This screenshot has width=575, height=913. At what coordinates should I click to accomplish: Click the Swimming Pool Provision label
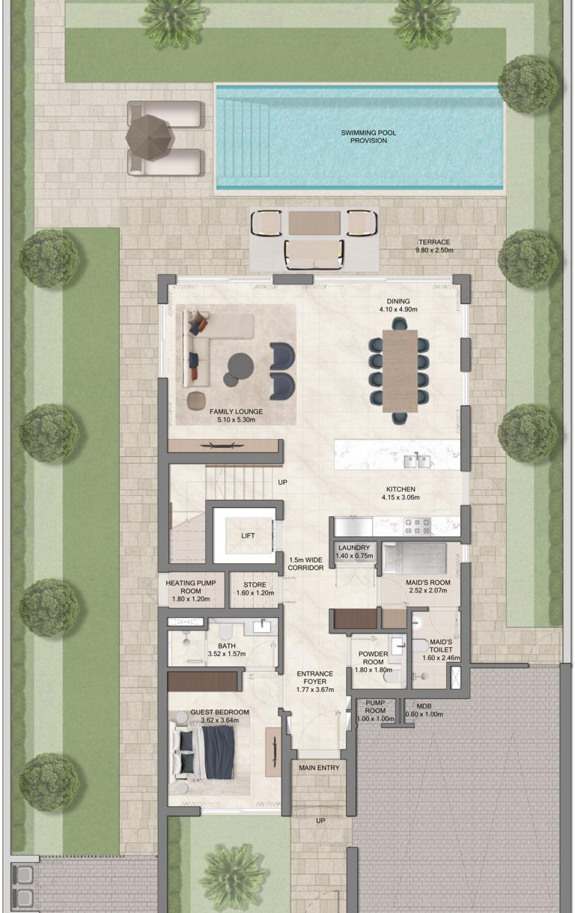[368, 136]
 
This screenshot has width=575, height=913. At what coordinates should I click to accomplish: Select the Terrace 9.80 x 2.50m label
[434, 246]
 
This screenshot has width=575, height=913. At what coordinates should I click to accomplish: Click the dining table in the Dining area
[400, 371]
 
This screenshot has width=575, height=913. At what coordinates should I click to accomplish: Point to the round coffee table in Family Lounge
[240, 365]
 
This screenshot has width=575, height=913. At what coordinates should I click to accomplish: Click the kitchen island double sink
[417, 461]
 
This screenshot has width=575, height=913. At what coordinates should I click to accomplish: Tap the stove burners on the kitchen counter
[417, 526]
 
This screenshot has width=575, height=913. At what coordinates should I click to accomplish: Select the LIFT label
[248, 536]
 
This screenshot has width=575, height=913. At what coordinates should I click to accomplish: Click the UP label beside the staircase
[282, 482]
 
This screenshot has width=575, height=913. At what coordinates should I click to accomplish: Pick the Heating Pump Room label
[191, 591]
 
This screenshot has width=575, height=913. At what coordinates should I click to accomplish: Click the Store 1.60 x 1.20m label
[255, 589]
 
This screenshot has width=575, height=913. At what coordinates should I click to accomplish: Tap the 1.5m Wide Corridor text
[305, 564]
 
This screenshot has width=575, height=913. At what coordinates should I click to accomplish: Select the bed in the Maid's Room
[415, 559]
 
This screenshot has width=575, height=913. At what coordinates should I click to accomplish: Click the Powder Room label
[374, 658]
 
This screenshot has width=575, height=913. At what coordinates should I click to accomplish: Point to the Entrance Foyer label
[315, 682]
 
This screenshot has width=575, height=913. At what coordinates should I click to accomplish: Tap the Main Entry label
[319, 768]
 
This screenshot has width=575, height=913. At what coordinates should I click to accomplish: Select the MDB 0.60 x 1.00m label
[425, 710]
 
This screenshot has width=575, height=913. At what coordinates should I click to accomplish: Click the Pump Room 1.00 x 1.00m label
[375, 711]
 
